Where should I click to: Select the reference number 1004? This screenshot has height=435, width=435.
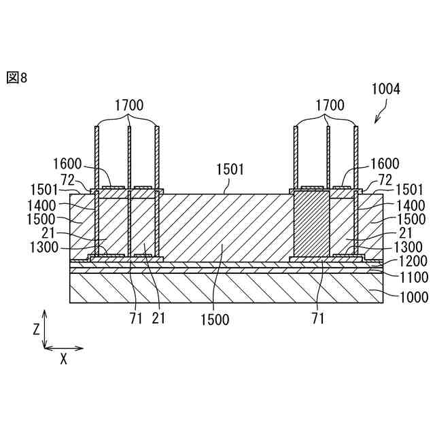[x=385, y=89]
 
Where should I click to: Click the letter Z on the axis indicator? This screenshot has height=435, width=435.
[x=36, y=330]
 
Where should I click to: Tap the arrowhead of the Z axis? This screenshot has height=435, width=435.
[x=45, y=313]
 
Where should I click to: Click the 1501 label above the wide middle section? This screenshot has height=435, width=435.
[x=230, y=168]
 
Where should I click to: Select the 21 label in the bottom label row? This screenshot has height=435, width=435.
[x=158, y=319]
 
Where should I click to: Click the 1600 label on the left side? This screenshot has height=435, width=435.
[x=67, y=164]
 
